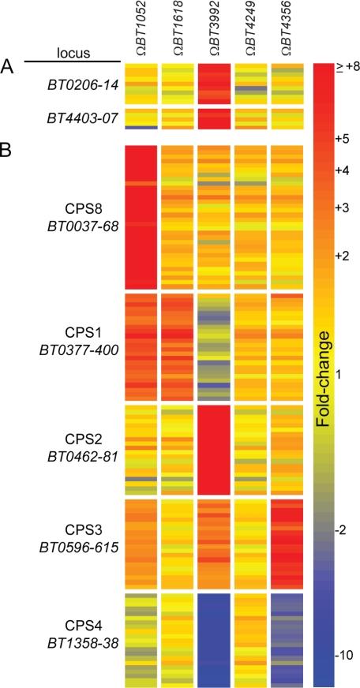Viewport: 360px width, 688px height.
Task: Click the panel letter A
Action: [9, 67]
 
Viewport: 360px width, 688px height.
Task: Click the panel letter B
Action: [9, 148]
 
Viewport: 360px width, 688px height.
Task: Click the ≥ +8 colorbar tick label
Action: [345, 69]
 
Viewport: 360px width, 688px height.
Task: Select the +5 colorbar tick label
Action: [342, 139]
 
